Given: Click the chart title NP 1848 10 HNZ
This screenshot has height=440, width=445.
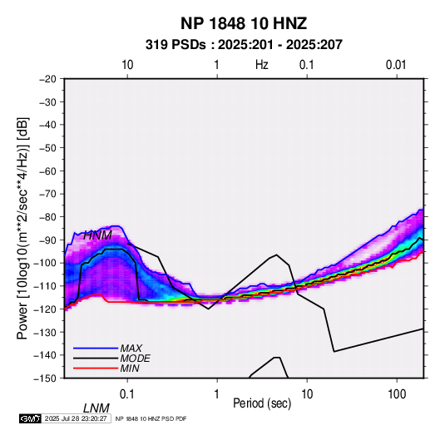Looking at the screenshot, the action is click(x=244, y=23).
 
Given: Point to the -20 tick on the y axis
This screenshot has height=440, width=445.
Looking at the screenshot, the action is click(x=47, y=79).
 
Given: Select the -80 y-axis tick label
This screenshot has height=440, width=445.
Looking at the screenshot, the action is click(x=47, y=217).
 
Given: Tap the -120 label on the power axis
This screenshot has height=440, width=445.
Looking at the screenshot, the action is click(x=45, y=309).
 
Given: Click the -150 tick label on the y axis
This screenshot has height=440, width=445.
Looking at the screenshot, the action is click(x=45, y=378).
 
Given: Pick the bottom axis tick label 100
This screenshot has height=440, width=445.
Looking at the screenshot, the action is click(x=397, y=394).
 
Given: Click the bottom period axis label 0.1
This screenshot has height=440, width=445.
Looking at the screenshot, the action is click(x=127, y=394).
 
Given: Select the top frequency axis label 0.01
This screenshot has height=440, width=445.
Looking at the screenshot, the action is click(x=396, y=65).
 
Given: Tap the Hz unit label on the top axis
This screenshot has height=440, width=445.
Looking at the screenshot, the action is click(x=262, y=65).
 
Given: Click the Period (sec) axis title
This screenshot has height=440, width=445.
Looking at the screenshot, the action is click(x=262, y=403).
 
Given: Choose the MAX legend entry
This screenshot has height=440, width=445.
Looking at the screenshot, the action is click(x=131, y=349).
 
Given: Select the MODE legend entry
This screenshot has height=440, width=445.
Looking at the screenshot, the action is click(x=135, y=358).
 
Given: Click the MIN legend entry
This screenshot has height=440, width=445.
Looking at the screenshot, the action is click(x=130, y=368).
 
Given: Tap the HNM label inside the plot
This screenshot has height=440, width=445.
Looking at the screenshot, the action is click(x=97, y=235).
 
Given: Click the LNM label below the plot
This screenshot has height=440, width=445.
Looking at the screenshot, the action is click(x=96, y=408).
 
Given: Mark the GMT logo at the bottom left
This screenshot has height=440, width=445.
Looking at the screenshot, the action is click(x=31, y=418).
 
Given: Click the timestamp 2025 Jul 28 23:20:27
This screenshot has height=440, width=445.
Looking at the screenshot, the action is click(x=76, y=418).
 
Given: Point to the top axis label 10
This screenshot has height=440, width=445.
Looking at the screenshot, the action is click(x=127, y=65).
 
